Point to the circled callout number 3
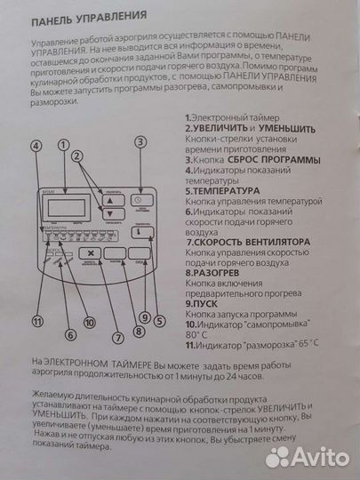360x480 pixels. click(140, 143)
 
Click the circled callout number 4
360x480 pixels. click(36, 146)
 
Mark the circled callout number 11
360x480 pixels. click(36, 322)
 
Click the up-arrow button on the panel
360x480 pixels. click(109, 202)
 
